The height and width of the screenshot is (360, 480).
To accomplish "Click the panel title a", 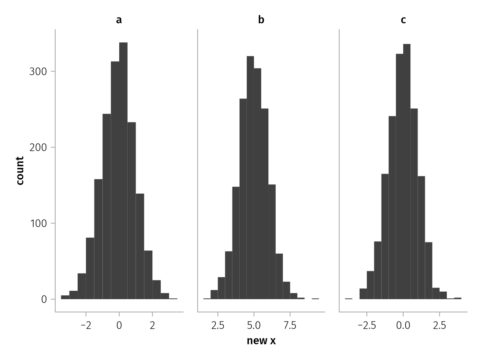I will point(119,20).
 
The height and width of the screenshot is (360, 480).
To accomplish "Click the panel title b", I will point(261,20).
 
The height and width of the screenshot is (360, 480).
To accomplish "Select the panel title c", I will point(403,20).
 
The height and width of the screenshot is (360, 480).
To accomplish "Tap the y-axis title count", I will point(20,170).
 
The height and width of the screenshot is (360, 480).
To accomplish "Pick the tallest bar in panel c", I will point(407,172).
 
